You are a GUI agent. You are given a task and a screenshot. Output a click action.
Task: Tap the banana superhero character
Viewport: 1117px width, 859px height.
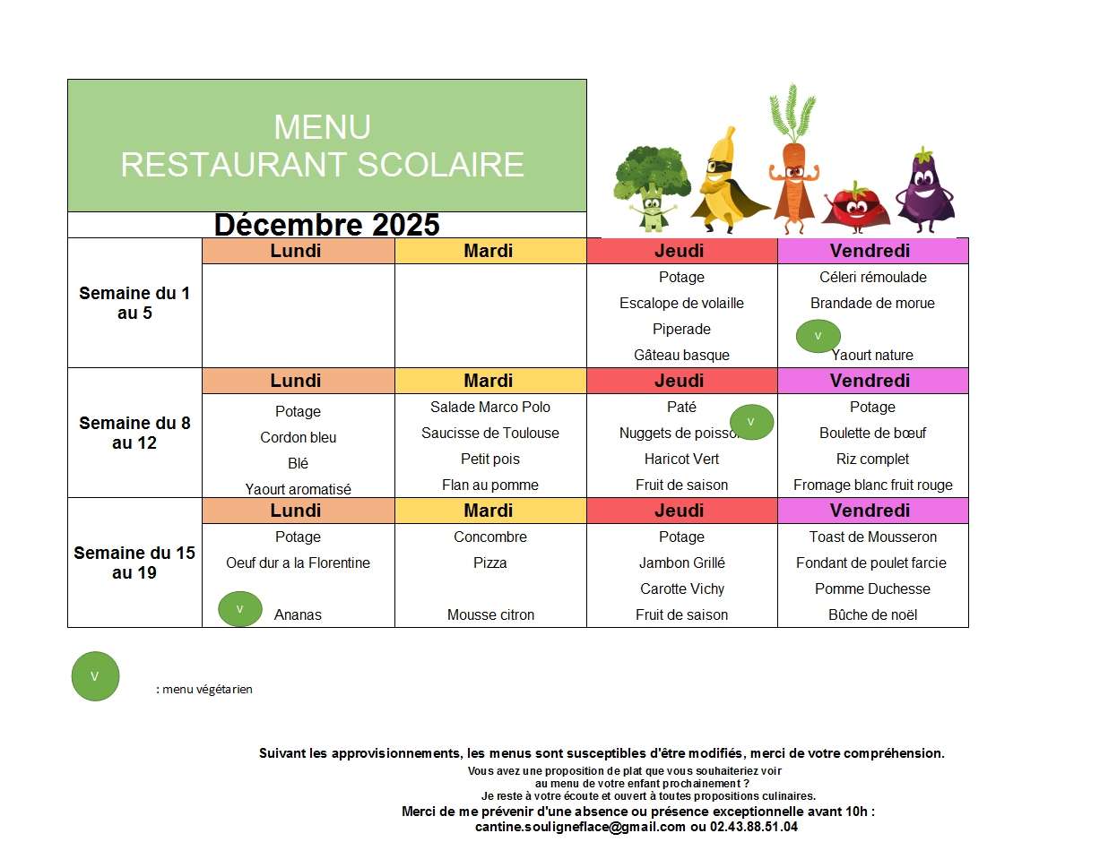pyautogui.click(x=723, y=179)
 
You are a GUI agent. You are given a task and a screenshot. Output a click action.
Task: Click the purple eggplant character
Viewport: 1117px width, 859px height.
pyautogui.click(x=925, y=189)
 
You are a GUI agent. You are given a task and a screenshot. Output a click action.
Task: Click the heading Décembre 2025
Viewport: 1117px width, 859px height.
pyautogui.click(x=327, y=224)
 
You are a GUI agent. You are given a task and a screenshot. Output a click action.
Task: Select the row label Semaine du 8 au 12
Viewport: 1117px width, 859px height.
pyautogui.click(x=134, y=433)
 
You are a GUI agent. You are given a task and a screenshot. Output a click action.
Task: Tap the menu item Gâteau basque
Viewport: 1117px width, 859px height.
pyautogui.click(x=681, y=355)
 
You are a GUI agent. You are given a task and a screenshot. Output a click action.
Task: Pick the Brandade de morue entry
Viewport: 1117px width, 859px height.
pyautogui.click(x=872, y=303)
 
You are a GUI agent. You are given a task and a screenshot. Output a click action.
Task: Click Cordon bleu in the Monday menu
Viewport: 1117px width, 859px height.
pyautogui.click(x=299, y=437)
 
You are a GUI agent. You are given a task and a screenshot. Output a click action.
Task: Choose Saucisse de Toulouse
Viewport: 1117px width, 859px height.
pyautogui.click(x=490, y=433)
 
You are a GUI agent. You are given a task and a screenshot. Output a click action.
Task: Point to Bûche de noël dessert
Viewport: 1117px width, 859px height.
pyautogui.click(x=872, y=614)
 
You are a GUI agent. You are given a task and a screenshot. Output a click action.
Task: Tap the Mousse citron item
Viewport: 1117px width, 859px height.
pyautogui.click(x=490, y=614)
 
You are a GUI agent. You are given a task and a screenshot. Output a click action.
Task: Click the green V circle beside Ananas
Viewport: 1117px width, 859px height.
pyautogui.click(x=240, y=609)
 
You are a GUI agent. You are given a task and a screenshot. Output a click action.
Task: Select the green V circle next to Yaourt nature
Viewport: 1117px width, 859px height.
pyautogui.click(x=818, y=336)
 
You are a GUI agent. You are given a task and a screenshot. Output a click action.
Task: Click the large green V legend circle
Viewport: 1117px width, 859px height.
pyautogui.click(x=95, y=676)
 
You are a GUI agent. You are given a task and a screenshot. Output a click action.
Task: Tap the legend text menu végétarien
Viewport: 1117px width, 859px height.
pyautogui.click(x=207, y=689)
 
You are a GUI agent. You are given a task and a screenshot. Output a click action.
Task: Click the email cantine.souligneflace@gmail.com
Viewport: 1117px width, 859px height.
pyautogui.click(x=580, y=827)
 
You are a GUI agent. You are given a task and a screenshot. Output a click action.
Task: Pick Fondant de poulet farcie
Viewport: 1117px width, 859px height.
pyautogui.click(x=871, y=563)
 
